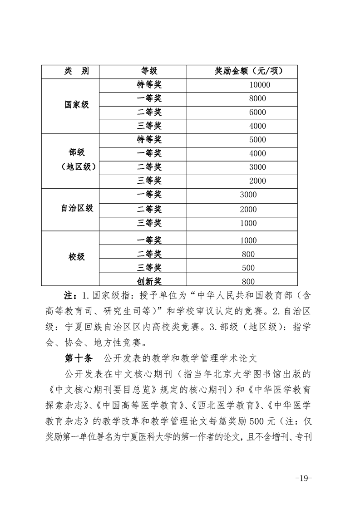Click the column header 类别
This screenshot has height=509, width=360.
(70, 71)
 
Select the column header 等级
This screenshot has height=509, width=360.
(149, 71)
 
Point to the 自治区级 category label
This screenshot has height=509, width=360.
(77, 208)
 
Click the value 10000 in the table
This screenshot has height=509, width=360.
(260, 85)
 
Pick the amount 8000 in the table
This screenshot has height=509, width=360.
(257, 98)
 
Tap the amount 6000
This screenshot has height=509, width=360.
(257, 112)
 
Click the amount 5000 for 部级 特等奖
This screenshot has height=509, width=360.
(257, 140)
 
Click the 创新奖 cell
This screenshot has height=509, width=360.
(149, 281)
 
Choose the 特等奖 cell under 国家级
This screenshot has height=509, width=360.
(149, 85)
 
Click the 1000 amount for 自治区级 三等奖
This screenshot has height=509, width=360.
(248, 223)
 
